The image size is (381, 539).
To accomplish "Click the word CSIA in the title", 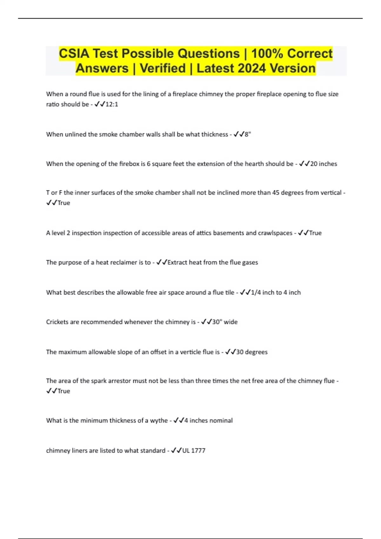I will [74, 54].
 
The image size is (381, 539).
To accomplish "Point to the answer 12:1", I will [111, 104].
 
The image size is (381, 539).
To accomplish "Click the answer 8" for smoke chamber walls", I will [248, 134].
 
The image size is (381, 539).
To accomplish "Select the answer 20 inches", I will [324, 164].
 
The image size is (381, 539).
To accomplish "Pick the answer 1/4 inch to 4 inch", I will [276, 293].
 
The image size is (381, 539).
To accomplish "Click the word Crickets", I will [57, 322].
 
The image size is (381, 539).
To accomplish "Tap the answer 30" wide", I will [225, 322].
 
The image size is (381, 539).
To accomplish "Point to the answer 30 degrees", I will [252, 352].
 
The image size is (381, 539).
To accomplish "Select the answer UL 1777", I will [194, 451].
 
